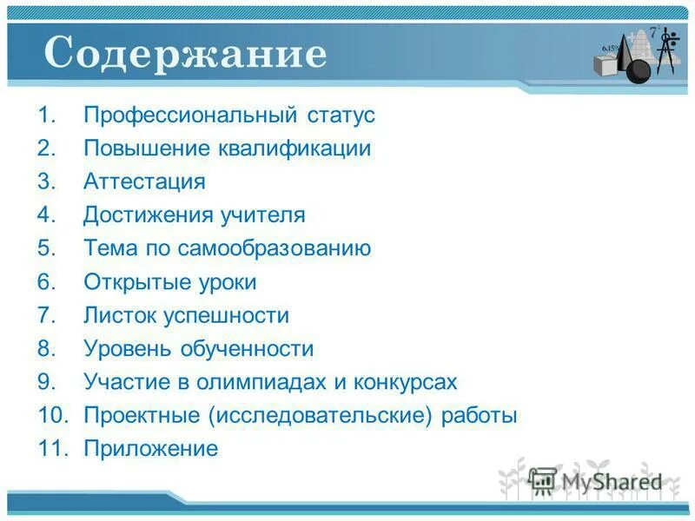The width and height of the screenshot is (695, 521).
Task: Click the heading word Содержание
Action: pos(185,54)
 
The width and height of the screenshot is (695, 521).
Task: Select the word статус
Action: pos(341,115)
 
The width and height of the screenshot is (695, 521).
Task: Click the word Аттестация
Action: pos(144,182)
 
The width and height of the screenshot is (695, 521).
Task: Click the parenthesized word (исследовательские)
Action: pos(320,416)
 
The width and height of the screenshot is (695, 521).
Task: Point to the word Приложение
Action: pos(150,449)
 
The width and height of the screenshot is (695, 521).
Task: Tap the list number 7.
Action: pos(46,316)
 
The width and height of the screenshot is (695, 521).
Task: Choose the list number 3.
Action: pos(46,182)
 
